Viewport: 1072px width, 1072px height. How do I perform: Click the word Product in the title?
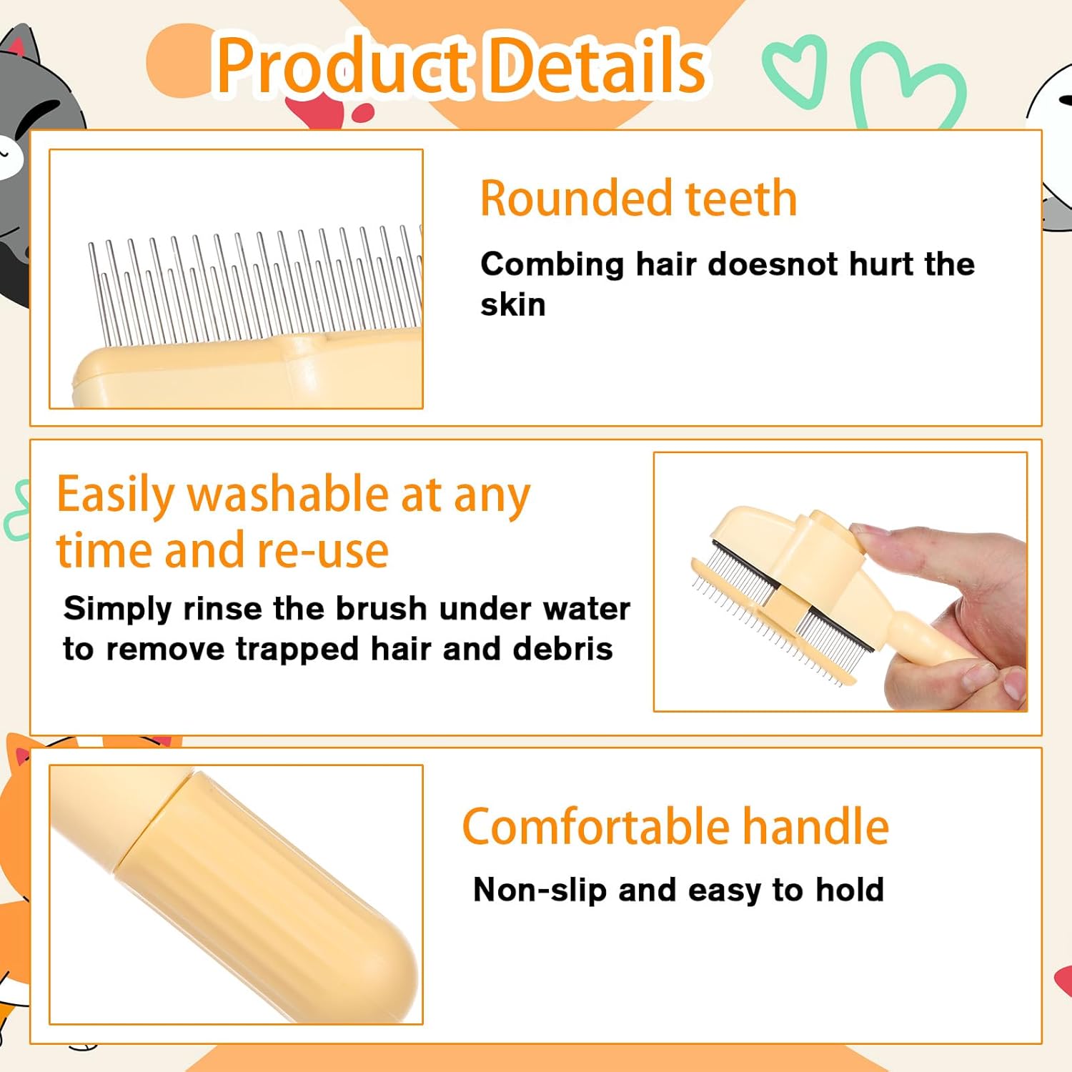(343, 66)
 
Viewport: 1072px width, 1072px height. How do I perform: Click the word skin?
(513, 305)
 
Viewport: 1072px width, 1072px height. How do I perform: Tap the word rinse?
(222, 609)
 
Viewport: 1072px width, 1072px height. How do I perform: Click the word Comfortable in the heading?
(595, 827)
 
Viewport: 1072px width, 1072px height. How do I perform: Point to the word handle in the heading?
(815, 827)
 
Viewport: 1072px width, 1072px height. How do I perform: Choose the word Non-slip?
(540, 890)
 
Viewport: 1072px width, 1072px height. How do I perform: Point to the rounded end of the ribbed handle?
(386, 979)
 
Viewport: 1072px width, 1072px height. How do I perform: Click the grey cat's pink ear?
(16, 47)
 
